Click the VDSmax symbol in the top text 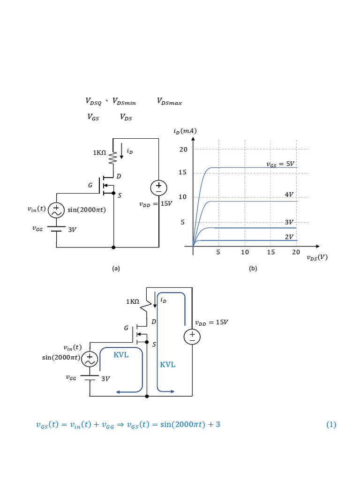click(x=169, y=101)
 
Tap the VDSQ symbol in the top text click(x=93, y=101)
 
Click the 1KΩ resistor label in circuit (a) click(x=99, y=152)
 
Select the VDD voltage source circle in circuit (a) click(x=158, y=188)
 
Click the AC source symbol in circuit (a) click(x=56, y=210)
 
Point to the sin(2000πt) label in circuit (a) click(x=87, y=210)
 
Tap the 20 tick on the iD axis click(x=183, y=150)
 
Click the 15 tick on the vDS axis click(x=271, y=252)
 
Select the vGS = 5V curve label click(x=280, y=164)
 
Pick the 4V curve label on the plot click(x=289, y=195)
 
